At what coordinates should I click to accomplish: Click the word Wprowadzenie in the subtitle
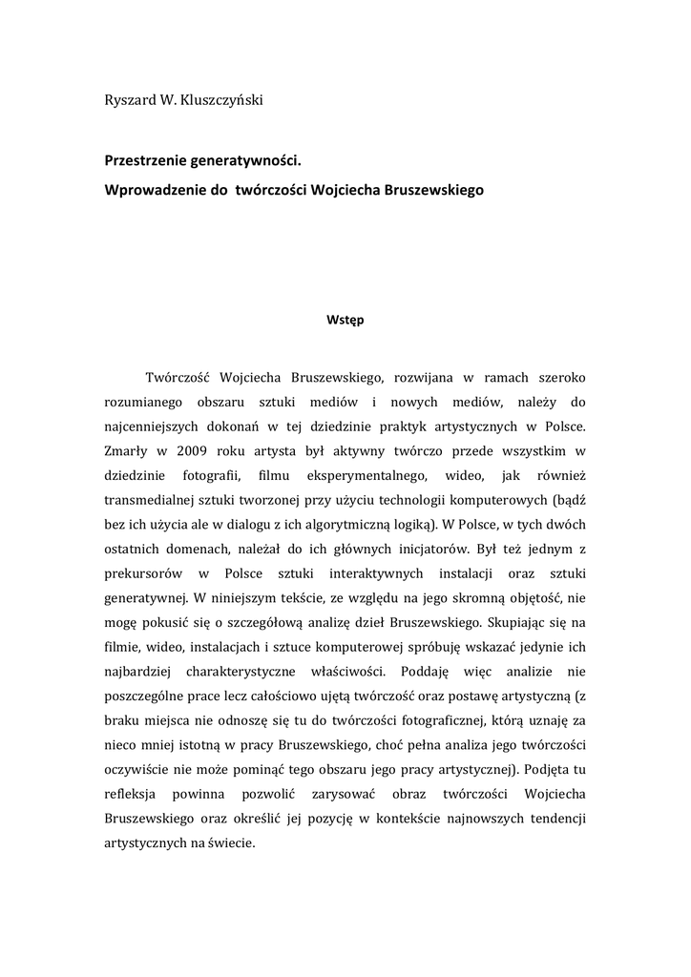pyautogui.click(x=154, y=189)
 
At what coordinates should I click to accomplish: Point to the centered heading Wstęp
pyautogui.click(x=345, y=321)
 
